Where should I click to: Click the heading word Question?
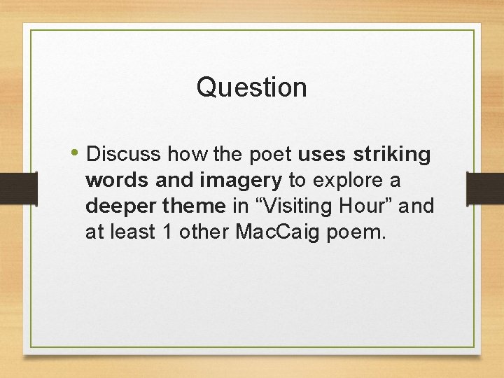(x=251, y=87)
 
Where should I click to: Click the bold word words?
(x=118, y=179)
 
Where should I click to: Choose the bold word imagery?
(x=240, y=180)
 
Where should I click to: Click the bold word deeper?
(x=120, y=206)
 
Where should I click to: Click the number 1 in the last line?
(x=167, y=232)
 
